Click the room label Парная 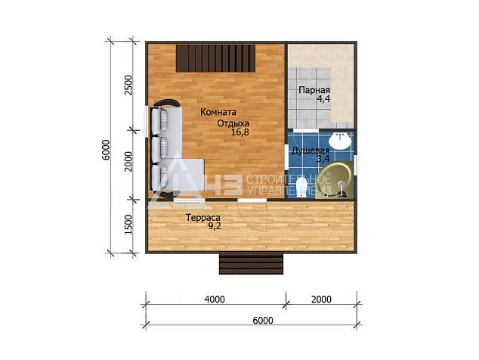(314, 91)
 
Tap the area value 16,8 (240, 132)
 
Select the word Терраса (203, 218)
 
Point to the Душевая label (311, 151)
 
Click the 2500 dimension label (128, 85)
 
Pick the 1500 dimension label (128, 225)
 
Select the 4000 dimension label (215, 299)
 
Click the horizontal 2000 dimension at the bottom (321, 299)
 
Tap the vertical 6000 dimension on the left (106, 150)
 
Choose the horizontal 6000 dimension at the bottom (263, 320)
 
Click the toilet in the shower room (301, 187)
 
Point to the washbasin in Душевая (339, 141)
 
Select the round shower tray (334, 180)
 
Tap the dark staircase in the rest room (215, 58)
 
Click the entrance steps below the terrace (251, 263)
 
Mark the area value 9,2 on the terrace (215, 226)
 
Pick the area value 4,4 (323, 99)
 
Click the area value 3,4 (323, 159)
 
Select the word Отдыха (233, 123)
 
